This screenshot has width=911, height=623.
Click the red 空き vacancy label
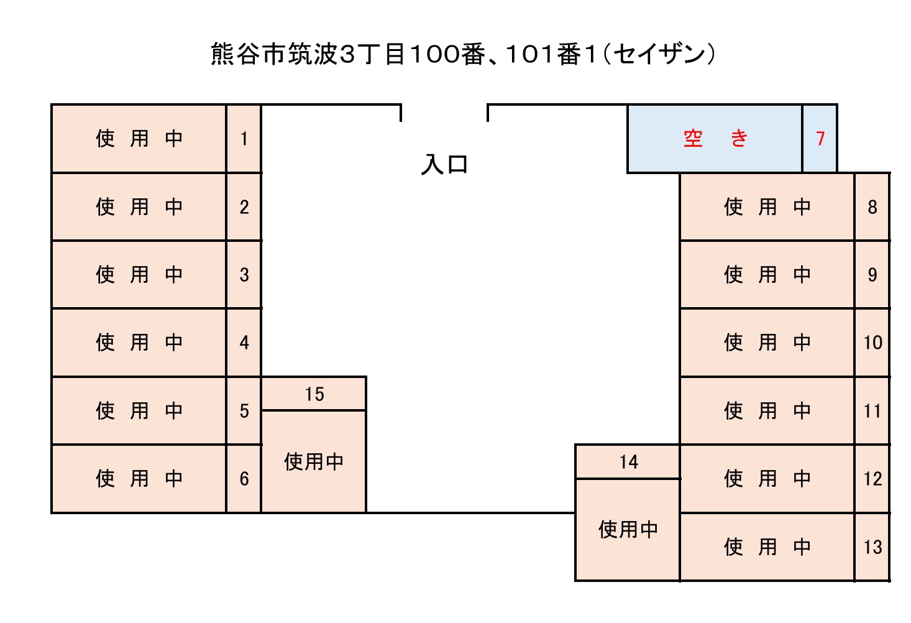pos(715,138)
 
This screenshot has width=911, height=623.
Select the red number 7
pos(820,138)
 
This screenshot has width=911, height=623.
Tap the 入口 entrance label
pos(444,165)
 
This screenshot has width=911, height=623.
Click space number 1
pos(244,138)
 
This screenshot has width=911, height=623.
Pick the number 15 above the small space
pos(314,394)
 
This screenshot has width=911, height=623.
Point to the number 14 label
pos(628,462)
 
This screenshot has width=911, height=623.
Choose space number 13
pos(872,547)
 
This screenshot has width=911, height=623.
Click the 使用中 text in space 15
pos(314,461)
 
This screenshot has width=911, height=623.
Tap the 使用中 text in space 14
pos(628,530)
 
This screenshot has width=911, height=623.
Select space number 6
pos(244,479)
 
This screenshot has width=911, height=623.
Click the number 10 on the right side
pos(872,343)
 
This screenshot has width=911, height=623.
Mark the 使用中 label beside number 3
pos(139,274)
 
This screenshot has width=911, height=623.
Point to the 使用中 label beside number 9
pos(767,274)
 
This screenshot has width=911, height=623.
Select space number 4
pos(244,343)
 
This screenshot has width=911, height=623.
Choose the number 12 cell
pos(872,479)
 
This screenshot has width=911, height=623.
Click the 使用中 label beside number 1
pos(139,138)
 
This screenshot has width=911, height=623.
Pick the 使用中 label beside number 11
pos(767,410)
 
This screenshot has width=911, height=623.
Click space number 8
pos(872,206)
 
